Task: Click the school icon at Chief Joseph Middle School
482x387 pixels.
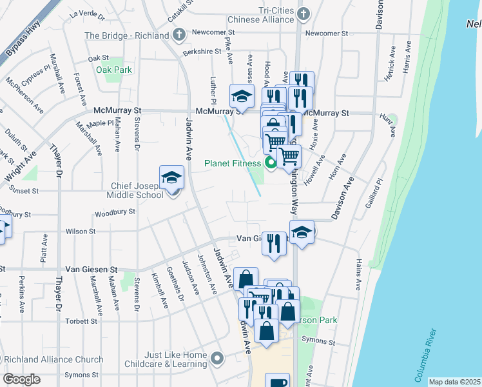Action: pyautogui.click(x=172, y=177)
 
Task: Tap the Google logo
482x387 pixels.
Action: pyautogui.click(x=21, y=379)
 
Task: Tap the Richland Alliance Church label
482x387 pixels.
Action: pyautogui.click(x=52, y=359)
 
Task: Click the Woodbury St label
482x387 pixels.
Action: pyautogui.click(x=115, y=212)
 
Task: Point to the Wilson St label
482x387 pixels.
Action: pyautogui.click(x=81, y=231)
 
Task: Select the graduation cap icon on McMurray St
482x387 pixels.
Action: pyautogui.click(x=242, y=96)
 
